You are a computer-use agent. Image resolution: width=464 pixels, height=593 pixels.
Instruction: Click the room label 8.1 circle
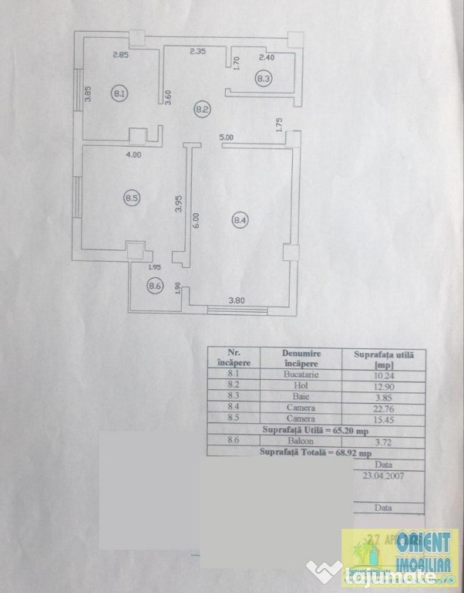tap(119, 94)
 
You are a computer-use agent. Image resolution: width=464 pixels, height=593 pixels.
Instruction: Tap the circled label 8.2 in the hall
tap(202, 110)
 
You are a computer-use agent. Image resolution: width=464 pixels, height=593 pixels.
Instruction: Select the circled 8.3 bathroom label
tap(264, 78)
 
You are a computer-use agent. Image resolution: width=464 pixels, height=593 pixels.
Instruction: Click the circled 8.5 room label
tap(131, 198)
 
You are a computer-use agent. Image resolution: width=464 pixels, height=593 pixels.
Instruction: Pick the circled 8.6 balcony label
tap(155, 286)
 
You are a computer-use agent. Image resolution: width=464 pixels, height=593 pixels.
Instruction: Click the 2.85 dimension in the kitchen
tap(120, 55)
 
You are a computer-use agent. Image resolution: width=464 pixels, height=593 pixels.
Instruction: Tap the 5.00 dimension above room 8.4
tap(227, 137)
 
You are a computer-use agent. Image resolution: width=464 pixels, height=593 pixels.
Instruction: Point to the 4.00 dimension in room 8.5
tap(134, 154)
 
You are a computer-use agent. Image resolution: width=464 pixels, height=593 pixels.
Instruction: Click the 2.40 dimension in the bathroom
tap(267, 57)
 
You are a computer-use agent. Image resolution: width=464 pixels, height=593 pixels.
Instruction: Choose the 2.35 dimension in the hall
tap(199, 53)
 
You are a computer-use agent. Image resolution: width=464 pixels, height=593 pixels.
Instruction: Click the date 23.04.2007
tap(382, 476)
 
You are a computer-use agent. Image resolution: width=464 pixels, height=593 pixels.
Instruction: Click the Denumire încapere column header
tap(301, 358)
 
